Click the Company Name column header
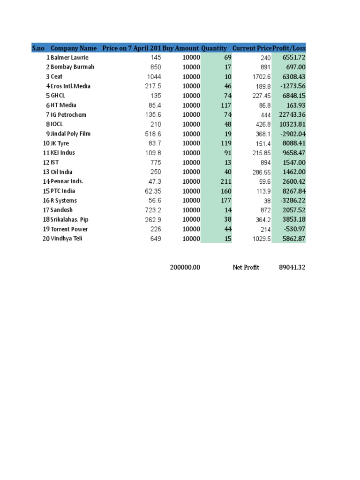tap(74, 48)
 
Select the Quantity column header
tap(214, 48)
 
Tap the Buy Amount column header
tap(180, 48)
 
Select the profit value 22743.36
tap(289, 115)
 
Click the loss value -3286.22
tap(291, 201)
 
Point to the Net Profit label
tap(246, 267)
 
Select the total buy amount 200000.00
tap(185, 267)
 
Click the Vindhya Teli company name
tap(67, 239)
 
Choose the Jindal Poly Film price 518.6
tap(153, 134)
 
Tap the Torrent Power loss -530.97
tap(292, 229)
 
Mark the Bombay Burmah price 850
tap(156, 67)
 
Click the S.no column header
tap(38, 48)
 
